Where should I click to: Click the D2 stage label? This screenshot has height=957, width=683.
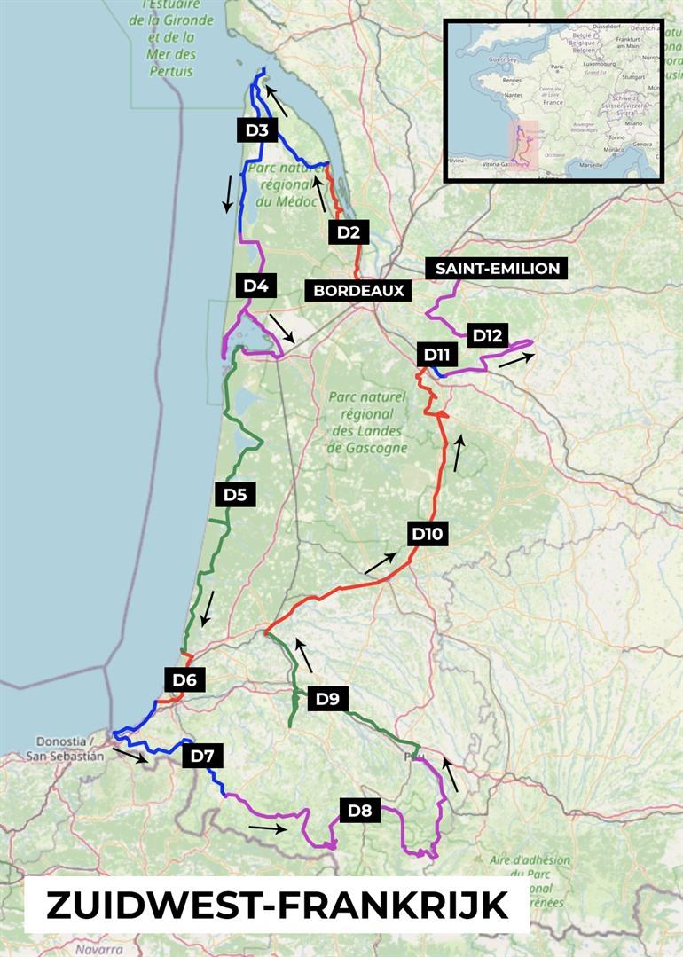pos(349,232)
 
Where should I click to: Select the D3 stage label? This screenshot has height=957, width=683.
pos(257,130)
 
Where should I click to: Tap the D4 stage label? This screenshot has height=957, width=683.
pos(255,286)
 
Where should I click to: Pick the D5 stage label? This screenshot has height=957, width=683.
pos(234,495)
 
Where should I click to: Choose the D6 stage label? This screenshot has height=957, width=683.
pos(184,680)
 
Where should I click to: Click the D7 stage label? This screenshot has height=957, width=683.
pos(202,756)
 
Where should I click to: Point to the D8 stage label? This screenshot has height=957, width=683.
pos(360,810)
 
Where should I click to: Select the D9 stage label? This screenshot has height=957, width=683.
pos(327,699)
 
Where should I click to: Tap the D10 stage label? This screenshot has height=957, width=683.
pos(427,534)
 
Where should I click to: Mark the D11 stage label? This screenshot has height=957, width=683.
pos(436,355)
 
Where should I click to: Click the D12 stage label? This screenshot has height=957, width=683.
pos(488,335)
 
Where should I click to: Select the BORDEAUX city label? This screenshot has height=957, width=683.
pos(358,290)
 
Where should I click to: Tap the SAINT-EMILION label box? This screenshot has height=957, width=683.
pos(497,268)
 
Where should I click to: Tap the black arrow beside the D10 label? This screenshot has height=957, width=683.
pos(381,562)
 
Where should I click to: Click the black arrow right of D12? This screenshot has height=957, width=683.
pos(516,359)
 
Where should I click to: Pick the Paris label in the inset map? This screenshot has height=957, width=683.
pos(559,67)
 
